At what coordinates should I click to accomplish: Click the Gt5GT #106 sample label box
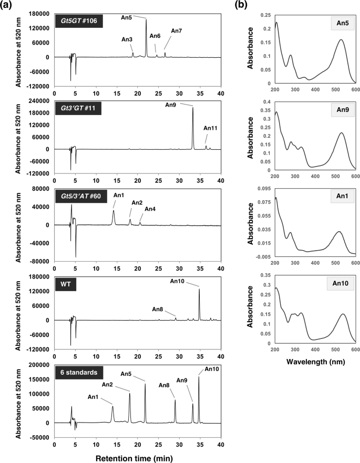(x=79, y=22)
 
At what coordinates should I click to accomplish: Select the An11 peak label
(x=210, y=128)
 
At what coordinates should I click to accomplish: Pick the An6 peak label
(x=155, y=36)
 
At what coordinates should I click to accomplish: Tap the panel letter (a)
(x=9, y=6)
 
